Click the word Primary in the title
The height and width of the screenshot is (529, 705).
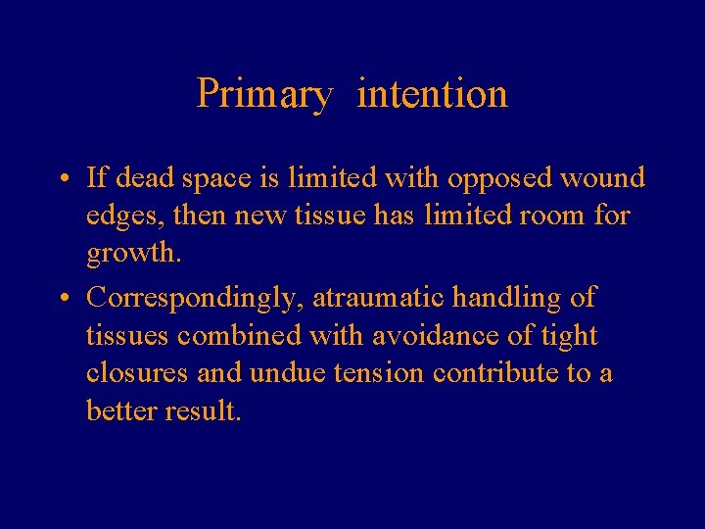264,95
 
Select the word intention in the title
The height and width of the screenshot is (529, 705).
433,94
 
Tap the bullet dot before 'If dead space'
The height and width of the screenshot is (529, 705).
62,179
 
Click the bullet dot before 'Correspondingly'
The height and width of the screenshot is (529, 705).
62,298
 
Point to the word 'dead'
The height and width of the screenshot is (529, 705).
146,178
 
